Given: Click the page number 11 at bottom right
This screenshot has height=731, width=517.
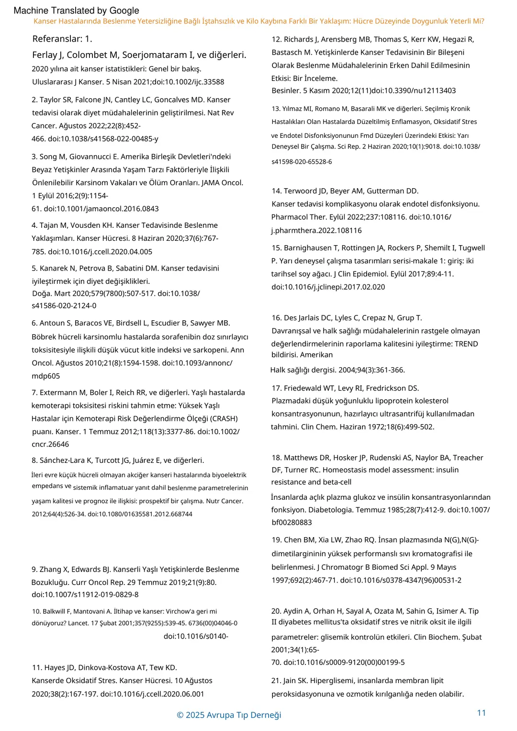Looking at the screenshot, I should pyautogui.click(x=482, y=713).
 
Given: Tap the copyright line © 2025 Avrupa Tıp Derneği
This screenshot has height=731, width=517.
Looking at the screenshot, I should pyautogui.click(x=229, y=715).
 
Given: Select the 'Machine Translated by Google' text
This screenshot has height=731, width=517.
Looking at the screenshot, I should pyautogui.click(x=77, y=11).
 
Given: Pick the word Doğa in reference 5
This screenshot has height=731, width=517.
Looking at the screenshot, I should pyautogui.click(x=41, y=293).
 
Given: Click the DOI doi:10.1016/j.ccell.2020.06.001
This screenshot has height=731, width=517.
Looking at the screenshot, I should pyautogui.click(x=152, y=694).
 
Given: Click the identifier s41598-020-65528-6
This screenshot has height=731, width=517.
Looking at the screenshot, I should pyautogui.click(x=302, y=162).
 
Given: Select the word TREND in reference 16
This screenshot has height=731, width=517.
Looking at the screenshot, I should pyautogui.click(x=466, y=344).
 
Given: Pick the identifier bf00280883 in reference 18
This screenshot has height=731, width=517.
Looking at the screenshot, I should pyautogui.click(x=292, y=522).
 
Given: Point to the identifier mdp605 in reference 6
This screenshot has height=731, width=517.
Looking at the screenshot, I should pyautogui.click(x=46, y=376).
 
